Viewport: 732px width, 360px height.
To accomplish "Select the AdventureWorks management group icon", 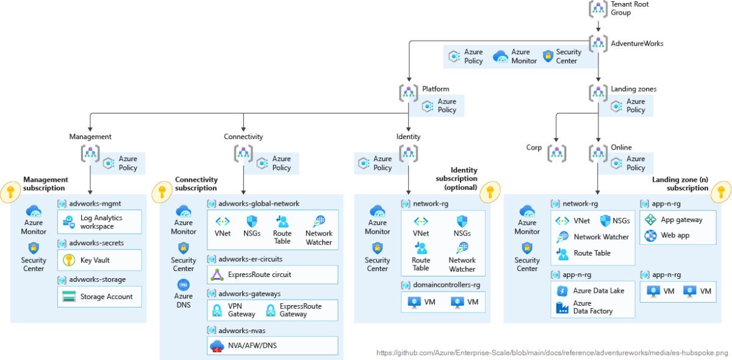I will click(x=598, y=43).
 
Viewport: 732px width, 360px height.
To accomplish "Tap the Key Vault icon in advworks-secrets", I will click(x=69, y=261).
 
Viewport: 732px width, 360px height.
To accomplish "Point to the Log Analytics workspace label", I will click(x=101, y=222).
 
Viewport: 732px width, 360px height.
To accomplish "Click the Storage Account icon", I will click(x=69, y=297).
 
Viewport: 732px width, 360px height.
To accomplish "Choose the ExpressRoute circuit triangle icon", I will click(x=217, y=275).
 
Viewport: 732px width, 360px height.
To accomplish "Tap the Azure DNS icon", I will click(x=184, y=284).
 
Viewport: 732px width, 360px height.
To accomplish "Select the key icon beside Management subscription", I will click(x=10, y=192).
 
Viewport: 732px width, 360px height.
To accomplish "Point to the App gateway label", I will click(x=681, y=220).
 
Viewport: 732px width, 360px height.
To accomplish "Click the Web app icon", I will click(x=650, y=236).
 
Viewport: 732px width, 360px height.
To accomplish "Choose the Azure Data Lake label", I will click(x=599, y=291).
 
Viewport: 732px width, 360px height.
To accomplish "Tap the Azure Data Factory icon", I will click(x=562, y=308).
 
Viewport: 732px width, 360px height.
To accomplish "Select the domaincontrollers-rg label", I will click(x=447, y=285).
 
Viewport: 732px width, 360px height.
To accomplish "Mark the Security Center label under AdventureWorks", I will click(x=569, y=57).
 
